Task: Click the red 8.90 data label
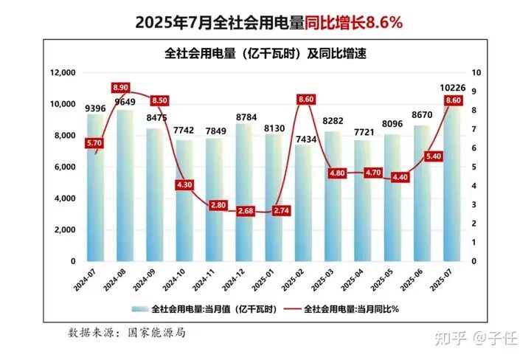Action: tap(123, 88)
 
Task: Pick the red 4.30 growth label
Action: tap(184, 184)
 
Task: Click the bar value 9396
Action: tap(95, 108)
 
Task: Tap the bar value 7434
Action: tap(303, 138)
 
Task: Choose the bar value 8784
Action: tap(244, 117)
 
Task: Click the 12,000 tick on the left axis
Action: tap(63, 73)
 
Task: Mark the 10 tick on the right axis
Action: tap(476, 73)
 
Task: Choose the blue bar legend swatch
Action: tap(139, 308)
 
